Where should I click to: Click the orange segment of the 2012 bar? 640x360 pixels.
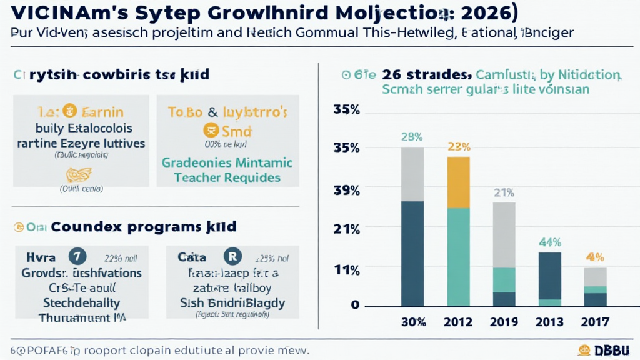click(459, 182)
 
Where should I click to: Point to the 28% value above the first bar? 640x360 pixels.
click(412, 137)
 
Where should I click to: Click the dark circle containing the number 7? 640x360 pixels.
click(76, 257)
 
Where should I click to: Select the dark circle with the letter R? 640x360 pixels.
click(232, 257)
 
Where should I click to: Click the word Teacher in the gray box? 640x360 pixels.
click(192, 177)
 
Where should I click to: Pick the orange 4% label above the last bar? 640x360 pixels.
click(594, 257)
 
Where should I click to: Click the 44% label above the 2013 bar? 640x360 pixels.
click(550, 242)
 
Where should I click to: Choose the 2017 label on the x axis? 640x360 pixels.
click(595, 322)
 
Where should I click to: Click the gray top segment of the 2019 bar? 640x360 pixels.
click(504, 234)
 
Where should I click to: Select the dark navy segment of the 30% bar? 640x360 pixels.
click(412, 254)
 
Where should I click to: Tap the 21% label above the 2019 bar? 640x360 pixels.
click(504, 192)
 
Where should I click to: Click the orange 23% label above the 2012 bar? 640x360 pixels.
click(459, 147)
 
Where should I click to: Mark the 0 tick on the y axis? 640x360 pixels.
click(354, 305)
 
